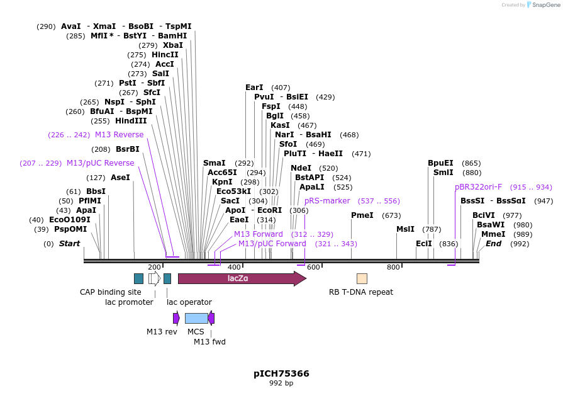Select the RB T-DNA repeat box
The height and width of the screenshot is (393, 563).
[362, 278]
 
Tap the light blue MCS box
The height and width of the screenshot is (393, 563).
[196, 318]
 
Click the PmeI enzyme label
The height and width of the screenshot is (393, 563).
[362, 215]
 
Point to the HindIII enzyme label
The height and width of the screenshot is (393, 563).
[131, 121]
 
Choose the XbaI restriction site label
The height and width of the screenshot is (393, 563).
[173, 45]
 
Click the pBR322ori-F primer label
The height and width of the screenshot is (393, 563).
[479, 187]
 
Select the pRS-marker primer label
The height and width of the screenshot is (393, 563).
[327, 201]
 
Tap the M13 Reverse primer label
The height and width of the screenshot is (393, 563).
[119, 135]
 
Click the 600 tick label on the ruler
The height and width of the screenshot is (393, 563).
[313, 267]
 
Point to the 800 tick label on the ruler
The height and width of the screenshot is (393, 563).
[394, 267]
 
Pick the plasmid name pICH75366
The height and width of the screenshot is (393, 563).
[281, 373]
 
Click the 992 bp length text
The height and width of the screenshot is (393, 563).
[281, 383]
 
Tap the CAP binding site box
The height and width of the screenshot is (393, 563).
[138, 278]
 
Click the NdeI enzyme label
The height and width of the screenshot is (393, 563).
[301, 168]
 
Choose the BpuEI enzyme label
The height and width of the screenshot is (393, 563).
[440, 163]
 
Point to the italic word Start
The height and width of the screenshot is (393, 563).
[69, 244]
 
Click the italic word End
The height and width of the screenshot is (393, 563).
[493, 244]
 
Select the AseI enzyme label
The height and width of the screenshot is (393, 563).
[120, 178]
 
